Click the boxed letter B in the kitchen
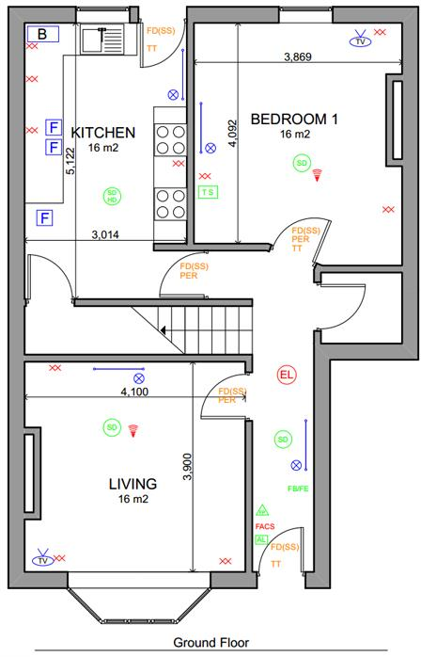click(41, 35)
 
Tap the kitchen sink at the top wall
click(97, 40)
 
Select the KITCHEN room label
click(103, 132)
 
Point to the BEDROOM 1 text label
click(294, 119)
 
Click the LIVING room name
click(133, 484)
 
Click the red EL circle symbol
click(287, 376)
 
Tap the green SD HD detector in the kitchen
click(112, 197)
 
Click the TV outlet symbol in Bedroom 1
click(359, 41)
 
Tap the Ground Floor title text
click(210, 643)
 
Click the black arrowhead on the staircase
click(165, 330)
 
